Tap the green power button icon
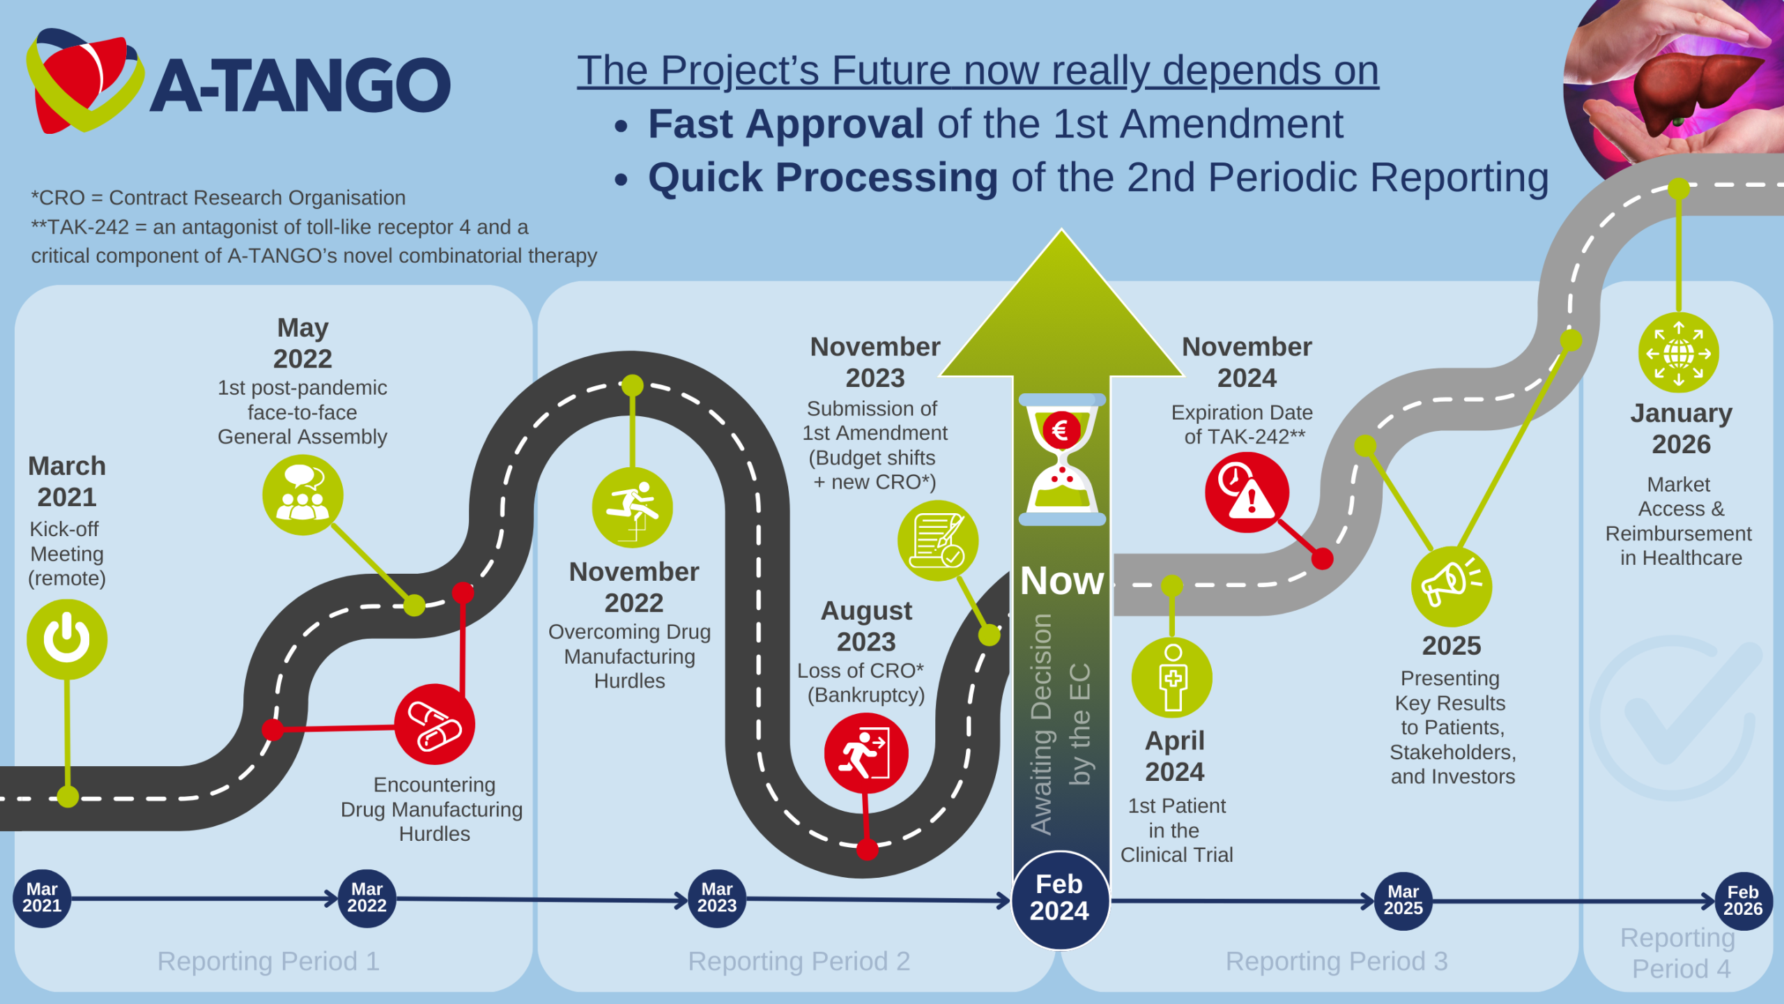tap(67, 639)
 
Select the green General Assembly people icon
tap(302, 495)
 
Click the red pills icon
tap(435, 724)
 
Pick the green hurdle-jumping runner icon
tap(632, 507)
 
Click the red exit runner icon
tap(866, 753)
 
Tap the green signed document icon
tap(938, 540)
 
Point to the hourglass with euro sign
tap(1062, 459)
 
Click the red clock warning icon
tap(1247, 492)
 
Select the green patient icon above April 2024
tap(1172, 677)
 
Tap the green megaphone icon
tap(1452, 586)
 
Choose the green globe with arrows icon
tap(1679, 353)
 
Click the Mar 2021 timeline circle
tap(42, 898)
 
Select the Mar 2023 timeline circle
tap(717, 898)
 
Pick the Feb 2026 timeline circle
tap(1743, 901)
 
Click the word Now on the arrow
tap(1062, 581)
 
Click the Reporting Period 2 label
tap(799, 961)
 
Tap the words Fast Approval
tap(786, 123)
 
